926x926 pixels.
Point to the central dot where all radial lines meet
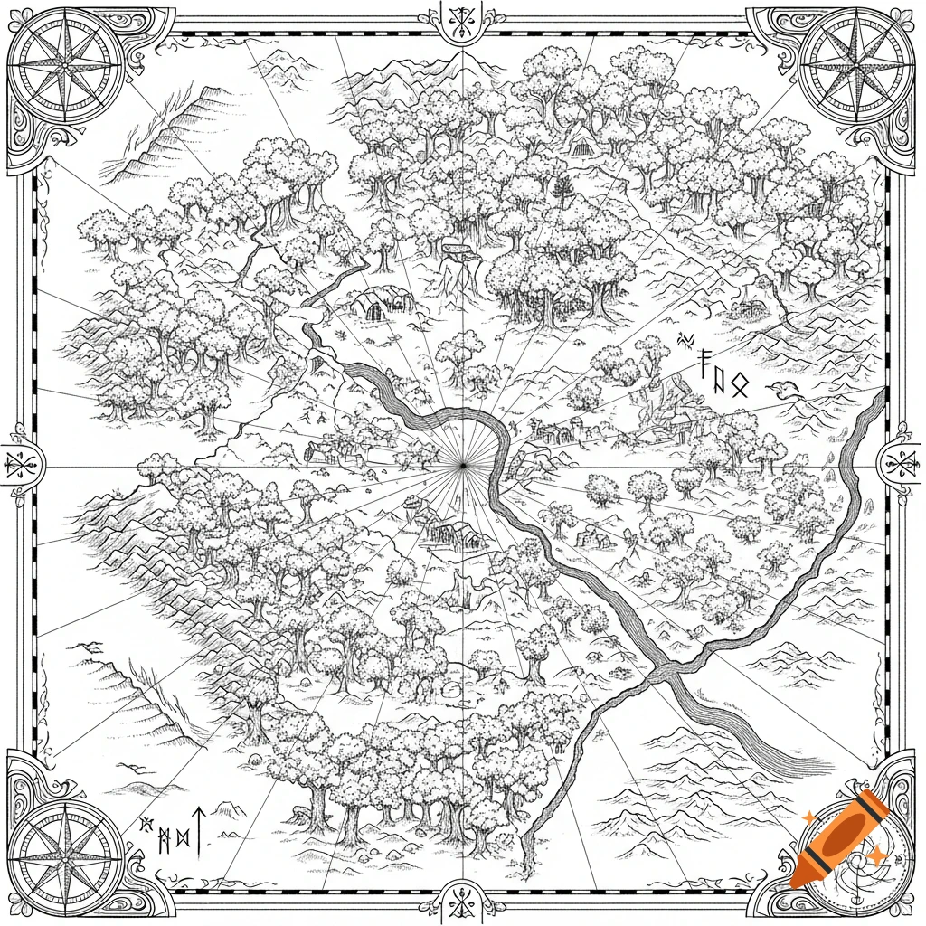pyautogui.click(x=462, y=464)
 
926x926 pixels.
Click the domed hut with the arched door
pyautogui.click(x=373, y=306)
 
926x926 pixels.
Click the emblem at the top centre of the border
pyautogui.click(x=462, y=20)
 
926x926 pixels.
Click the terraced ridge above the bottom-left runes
pyautogui.click(x=136, y=696)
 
